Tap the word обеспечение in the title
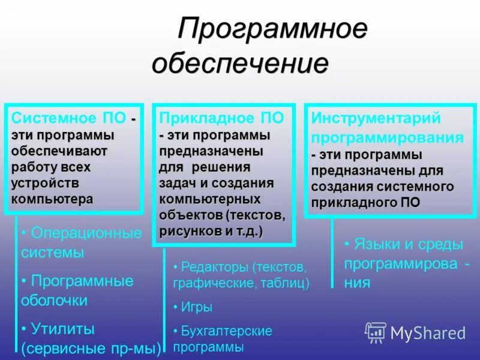pos(240,63)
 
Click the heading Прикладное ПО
pos(221,118)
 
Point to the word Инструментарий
pos(376,118)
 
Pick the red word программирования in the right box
pos(388,137)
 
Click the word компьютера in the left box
pos(52,199)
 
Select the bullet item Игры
pos(197,307)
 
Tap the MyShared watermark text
pos(428,333)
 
